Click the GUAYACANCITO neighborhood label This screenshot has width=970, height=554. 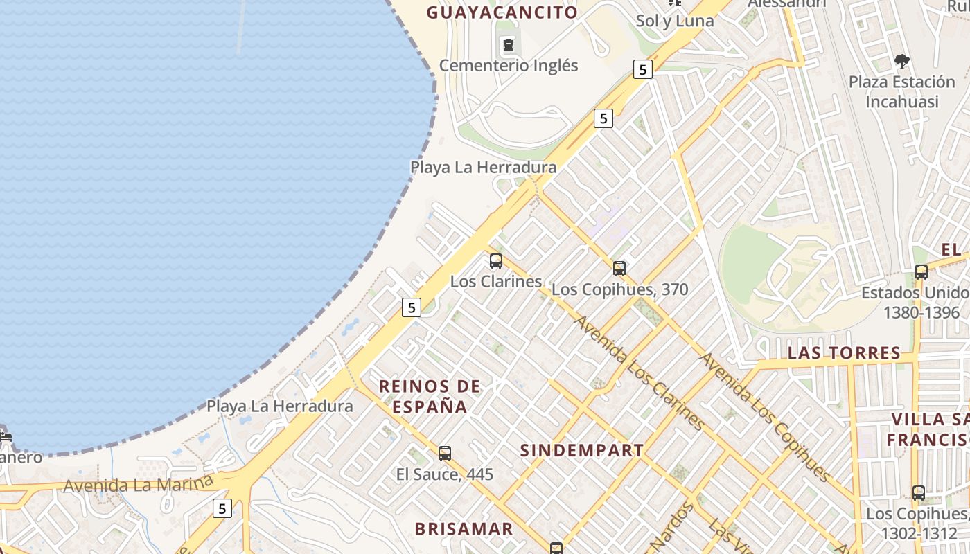[x=502, y=12]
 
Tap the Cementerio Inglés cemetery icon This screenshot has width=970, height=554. [x=509, y=46]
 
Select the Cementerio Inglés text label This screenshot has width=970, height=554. [x=509, y=66]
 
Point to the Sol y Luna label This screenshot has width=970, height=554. [x=675, y=21]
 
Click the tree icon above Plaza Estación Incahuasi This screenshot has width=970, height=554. [x=901, y=62]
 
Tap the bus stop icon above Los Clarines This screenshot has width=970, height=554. [x=496, y=261]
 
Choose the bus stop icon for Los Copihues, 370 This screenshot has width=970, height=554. [x=619, y=268]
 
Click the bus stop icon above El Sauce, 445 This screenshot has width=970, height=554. [x=445, y=454]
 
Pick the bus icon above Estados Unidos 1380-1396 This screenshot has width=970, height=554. [x=921, y=271]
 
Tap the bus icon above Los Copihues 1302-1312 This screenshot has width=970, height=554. [x=919, y=493]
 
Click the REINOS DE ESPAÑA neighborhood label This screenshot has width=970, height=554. [x=430, y=396]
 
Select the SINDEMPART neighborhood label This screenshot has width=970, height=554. [x=582, y=450]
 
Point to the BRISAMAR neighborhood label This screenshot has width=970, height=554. [x=464, y=529]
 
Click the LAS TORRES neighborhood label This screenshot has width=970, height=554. [x=844, y=353]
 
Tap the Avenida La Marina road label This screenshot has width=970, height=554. [x=136, y=483]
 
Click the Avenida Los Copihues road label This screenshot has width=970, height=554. [x=766, y=417]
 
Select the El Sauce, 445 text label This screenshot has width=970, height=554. [x=445, y=474]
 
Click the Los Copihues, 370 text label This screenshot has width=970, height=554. [x=620, y=289]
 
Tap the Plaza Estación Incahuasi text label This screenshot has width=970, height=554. [x=902, y=91]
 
